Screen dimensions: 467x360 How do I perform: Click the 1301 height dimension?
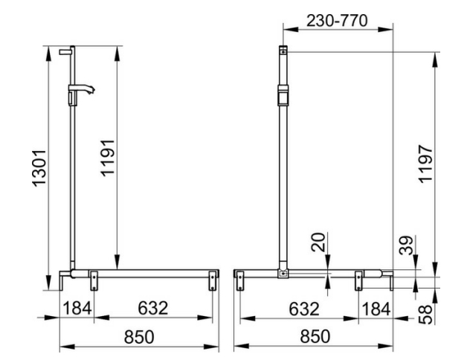pyautogui.click(x=39, y=168)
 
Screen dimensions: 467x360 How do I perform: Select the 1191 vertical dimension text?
pyautogui.click(x=108, y=158)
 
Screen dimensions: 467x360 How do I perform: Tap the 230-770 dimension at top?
pyautogui.click(x=337, y=21)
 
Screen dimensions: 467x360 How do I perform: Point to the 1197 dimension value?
pyautogui.click(x=425, y=164)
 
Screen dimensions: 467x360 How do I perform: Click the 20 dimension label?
pyautogui.click(x=318, y=242)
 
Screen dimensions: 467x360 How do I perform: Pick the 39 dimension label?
pyautogui.click(x=406, y=245)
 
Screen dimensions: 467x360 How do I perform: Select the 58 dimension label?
pyautogui.click(x=425, y=314)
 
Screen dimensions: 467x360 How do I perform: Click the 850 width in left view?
pyautogui.click(x=139, y=337)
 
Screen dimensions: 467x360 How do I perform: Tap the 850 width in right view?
pyautogui.click(x=315, y=336)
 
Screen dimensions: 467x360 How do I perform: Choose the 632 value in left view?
pyautogui.click(x=153, y=308)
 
